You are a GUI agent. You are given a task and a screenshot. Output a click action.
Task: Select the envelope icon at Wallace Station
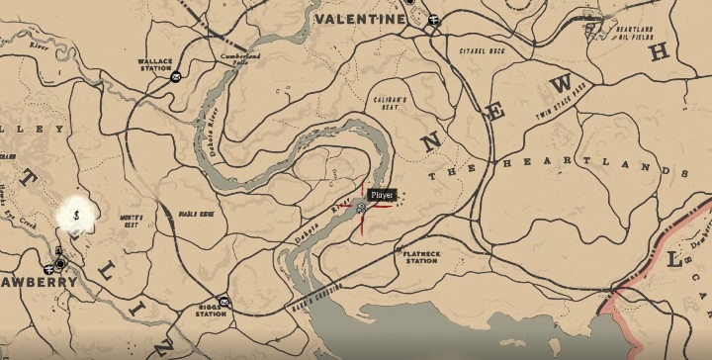(175, 77)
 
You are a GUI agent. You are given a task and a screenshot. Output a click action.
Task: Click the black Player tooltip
(382, 196)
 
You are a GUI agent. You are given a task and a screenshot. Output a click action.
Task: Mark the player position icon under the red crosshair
(363, 208)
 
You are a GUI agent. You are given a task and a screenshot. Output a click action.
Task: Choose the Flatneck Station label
(421, 257)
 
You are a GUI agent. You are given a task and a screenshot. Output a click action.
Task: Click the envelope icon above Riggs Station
(225, 300)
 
